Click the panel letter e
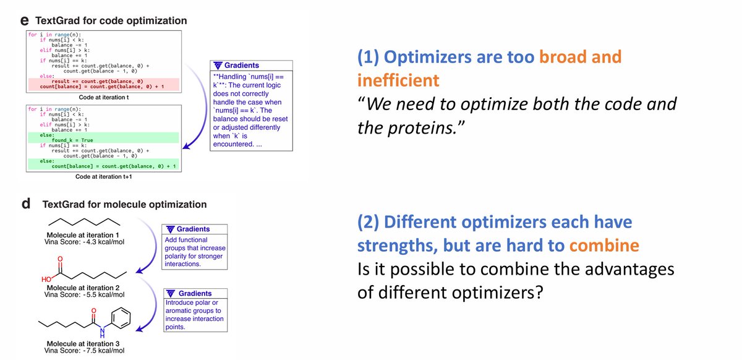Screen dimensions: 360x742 tap(25, 21)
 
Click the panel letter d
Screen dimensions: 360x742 tap(25, 204)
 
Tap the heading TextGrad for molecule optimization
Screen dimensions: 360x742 tap(124, 204)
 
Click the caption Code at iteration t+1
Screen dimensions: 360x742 tap(103, 176)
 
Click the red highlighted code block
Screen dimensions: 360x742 tap(103, 84)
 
